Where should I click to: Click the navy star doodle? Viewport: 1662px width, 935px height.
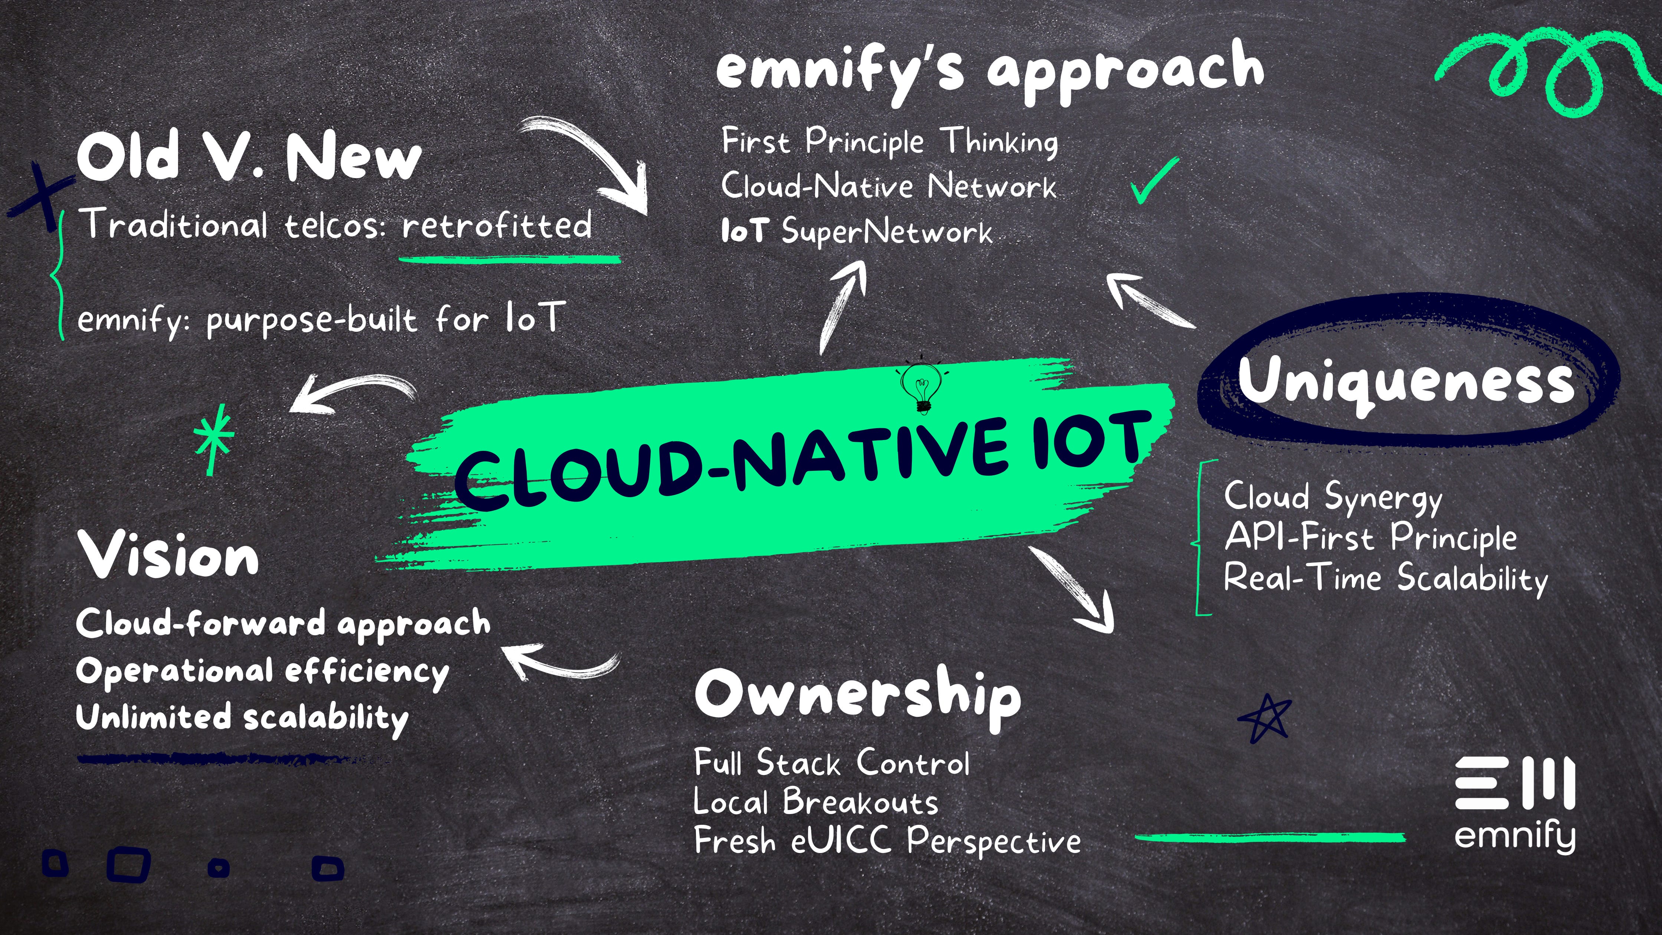click(x=1265, y=718)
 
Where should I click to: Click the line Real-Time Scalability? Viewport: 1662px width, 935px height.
click(x=1385, y=578)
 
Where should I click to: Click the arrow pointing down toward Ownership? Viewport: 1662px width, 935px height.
click(x=1074, y=590)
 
